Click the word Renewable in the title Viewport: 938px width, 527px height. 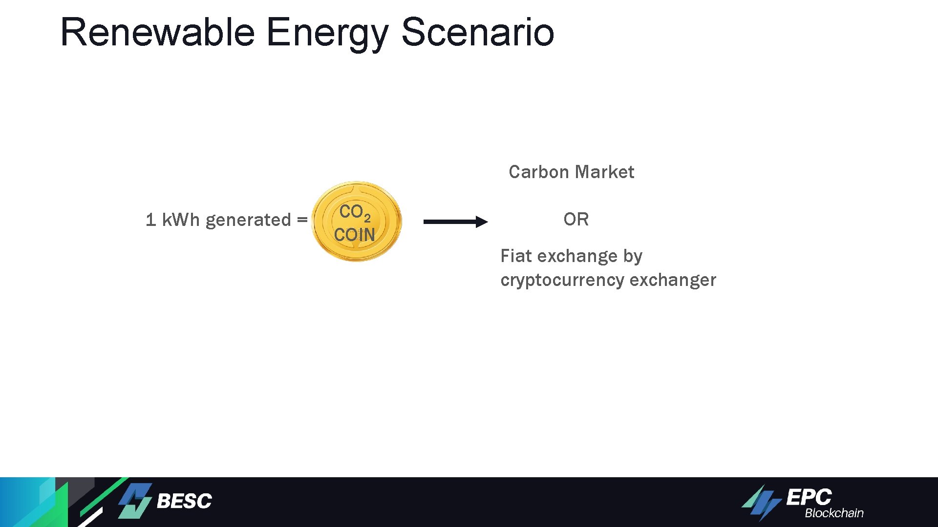click(x=157, y=32)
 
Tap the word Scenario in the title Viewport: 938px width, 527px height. click(x=477, y=32)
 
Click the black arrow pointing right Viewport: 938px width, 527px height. click(x=455, y=222)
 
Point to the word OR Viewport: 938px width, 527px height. click(x=576, y=220)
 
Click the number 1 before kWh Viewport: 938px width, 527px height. click(x=151, y=220)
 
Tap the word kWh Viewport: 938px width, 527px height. click(x=181, y=220)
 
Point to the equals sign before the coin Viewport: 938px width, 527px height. click(x=302, y=220)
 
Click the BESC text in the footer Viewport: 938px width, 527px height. click(x=184, y=501)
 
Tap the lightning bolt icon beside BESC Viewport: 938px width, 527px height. click(x=135, y=501)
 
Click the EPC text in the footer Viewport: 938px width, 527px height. click(x=809, y=497)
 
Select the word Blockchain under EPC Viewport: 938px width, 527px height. click(x=834, y=513)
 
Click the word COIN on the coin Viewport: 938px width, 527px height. click(x=354, y=235)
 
